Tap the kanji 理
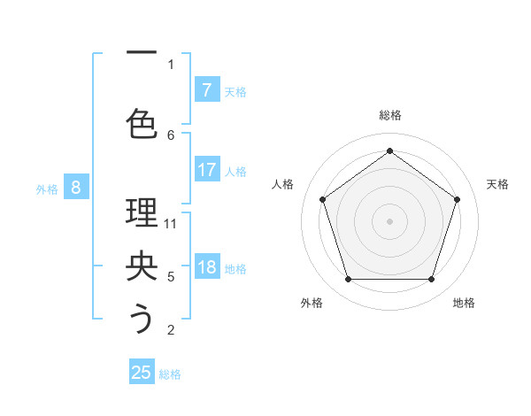(142, 213)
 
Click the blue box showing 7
(206, 90)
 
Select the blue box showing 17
(206, 170)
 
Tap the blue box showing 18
(206, 268)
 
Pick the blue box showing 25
(142, 373)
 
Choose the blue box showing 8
(76, 187)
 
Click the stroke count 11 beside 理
(171, 223)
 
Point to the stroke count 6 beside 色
(171, 135)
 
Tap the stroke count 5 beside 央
(171, 277)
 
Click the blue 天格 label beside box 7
(235, 91)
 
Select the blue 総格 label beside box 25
(170, 374)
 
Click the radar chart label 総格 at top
(389, 115)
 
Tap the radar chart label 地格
(464, 303)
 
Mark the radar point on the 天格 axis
(457, 199)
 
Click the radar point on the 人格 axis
(322, 199)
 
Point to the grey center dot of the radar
(389, 220)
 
